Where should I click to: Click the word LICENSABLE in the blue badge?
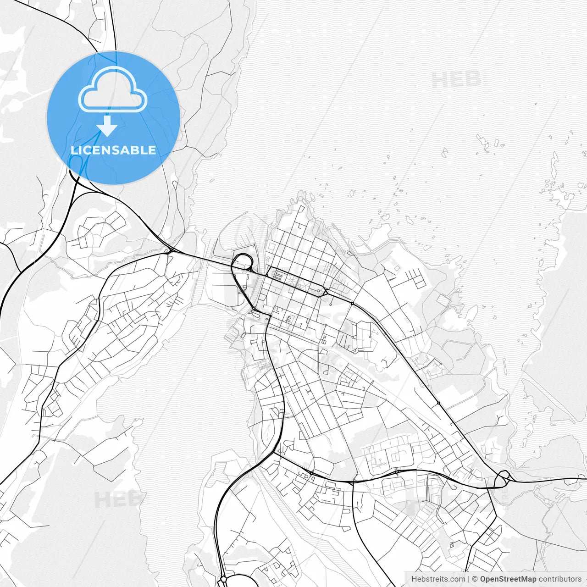click(113, 150)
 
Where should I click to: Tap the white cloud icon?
click(113, 90)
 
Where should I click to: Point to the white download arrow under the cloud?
click(107, 126)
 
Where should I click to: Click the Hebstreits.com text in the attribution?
click(437, 579)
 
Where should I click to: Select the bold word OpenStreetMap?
click(508, 579)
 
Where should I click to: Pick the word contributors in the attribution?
click(559, 579)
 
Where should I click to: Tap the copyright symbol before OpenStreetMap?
click(475, 579)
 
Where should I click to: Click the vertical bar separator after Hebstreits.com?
click(468, 579)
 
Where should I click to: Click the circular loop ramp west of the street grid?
click(243, 262)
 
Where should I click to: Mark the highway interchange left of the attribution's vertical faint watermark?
click(503, 479)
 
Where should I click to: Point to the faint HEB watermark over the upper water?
click(456, 81)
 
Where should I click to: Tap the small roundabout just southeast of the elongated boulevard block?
click(352, 303)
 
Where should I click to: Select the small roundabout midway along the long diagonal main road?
click(438, 403)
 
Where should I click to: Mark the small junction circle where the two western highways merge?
click(170, 250)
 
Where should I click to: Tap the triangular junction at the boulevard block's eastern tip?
click(325, 292)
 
